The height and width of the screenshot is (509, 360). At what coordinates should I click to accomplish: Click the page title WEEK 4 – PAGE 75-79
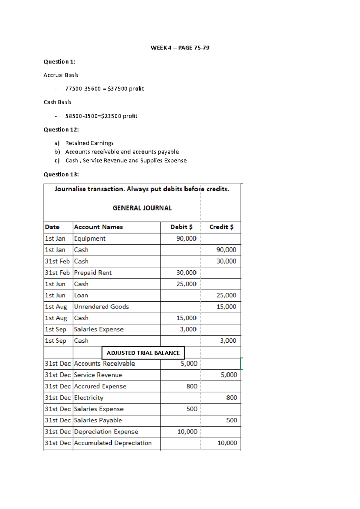click(180, 48)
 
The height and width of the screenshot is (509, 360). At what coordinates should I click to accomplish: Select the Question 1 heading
click(59, 62)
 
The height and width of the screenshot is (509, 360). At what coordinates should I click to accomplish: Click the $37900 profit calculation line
click(104, 89)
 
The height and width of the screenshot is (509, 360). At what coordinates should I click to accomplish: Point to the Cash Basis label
click(57, 102)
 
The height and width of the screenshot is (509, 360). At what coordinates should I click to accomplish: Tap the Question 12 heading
click(61, 129)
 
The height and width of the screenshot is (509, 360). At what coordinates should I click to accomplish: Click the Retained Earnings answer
click(89, 143)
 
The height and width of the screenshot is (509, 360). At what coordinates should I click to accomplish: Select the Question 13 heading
click(61, 174)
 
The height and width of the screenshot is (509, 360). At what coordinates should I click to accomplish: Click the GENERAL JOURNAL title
click(142, 208)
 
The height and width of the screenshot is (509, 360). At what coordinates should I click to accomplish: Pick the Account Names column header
click(98, 227)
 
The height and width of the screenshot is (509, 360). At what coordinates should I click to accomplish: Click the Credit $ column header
click(221, 227)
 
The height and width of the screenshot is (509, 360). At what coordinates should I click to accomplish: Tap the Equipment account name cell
click(90, 239)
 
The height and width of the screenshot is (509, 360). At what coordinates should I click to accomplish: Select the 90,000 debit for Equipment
click(186, 239)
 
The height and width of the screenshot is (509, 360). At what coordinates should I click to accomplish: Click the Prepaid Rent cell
click(93, 273)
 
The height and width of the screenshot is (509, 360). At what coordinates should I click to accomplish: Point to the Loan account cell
click(81, 296)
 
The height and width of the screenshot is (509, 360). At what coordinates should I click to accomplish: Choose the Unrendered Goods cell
click(101, 307)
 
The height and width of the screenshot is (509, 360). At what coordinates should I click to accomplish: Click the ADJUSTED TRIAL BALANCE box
click(143, 353)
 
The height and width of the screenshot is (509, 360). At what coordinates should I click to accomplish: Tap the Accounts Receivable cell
click(104, 364)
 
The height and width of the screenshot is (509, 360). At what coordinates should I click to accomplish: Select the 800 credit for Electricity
click(231, 398)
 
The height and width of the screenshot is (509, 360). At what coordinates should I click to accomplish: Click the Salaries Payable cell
click(98, 421)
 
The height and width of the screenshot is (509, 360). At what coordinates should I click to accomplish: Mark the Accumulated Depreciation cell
click(113, 443)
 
